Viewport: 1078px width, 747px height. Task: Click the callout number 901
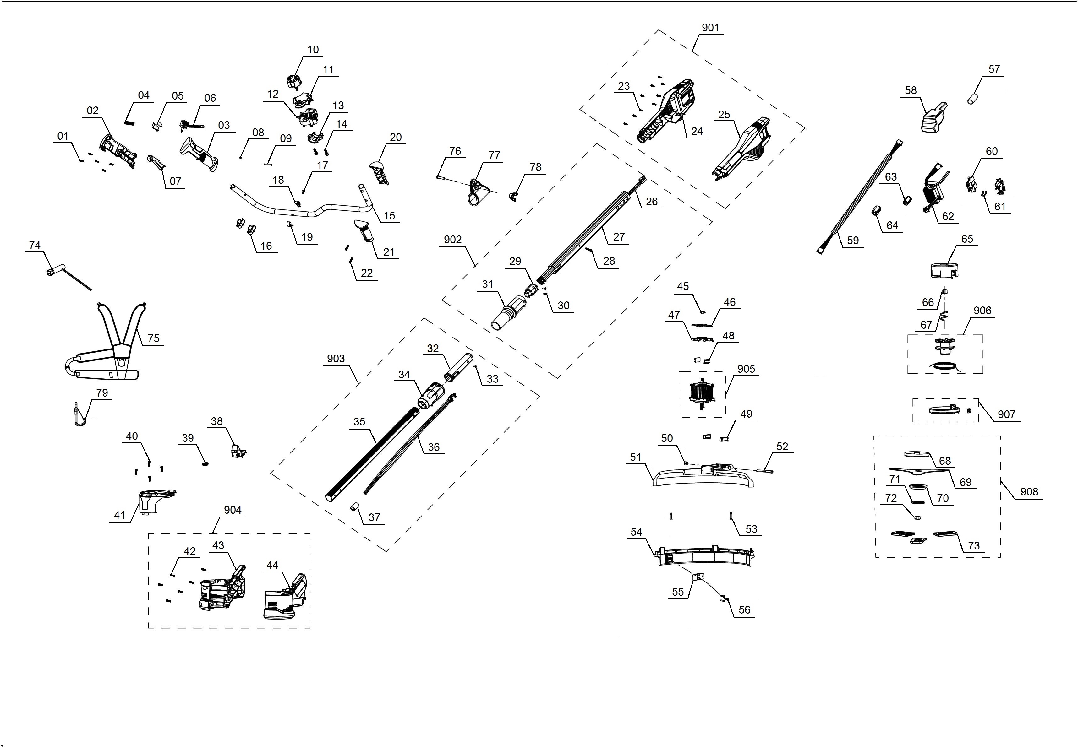coord(710,28)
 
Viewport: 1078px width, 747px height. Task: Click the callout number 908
coord(1029,491)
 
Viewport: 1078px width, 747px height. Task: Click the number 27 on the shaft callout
coord(619,237)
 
